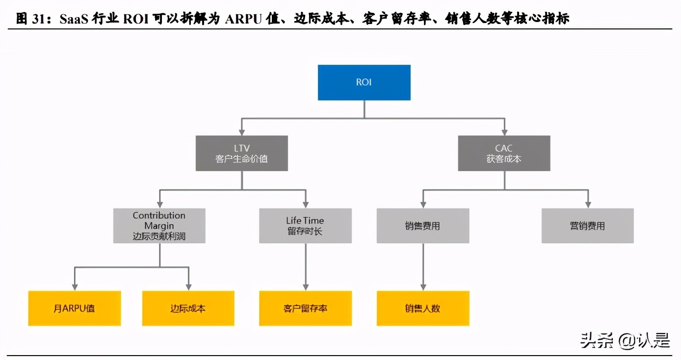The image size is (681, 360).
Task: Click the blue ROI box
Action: [364, 82]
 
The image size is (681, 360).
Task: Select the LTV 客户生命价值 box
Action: [241, 153]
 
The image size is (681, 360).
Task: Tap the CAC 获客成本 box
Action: [504, 153]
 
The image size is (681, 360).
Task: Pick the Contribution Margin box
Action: [159, 226]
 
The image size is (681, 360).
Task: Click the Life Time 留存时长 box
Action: [305, 226]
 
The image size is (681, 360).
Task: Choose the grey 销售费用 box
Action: [422, 226]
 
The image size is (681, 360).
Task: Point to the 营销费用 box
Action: [587, 226]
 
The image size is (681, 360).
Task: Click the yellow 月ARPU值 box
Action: [74, 308]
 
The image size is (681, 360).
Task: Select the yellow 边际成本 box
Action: [188, 308]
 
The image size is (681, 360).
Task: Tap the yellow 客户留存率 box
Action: [305, 308]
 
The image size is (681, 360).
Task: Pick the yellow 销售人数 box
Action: [422, 308]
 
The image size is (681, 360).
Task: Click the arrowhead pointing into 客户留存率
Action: [306, 287]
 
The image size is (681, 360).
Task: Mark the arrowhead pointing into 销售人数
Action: [423, 287]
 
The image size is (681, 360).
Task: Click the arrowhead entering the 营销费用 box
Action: [587, 204]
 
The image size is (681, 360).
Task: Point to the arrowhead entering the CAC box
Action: [504, 131]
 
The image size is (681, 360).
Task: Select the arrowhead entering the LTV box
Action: [241, 131]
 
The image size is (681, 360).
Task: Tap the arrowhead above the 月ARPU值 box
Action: [75, 287]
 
